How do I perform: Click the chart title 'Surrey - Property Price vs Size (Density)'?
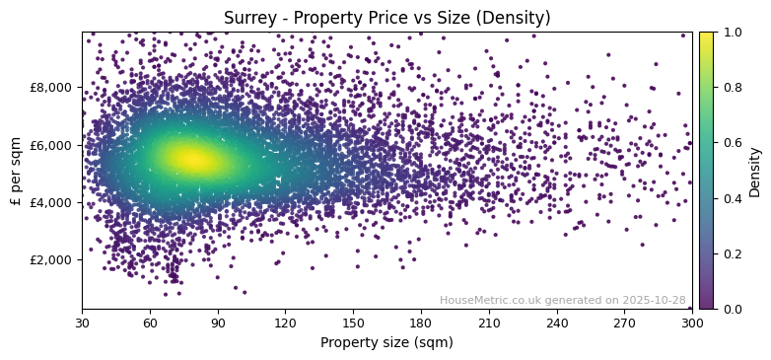pyautogui.click(x=386, y=18)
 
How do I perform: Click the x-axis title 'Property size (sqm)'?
pyautogui.click(x=386, y=343)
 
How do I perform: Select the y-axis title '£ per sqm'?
pyautogui.click(x=16, y=171)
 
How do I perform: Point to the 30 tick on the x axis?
pyautogui.click(x=82, y=322)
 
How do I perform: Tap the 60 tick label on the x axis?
pyautogui.click(x=150, y=322)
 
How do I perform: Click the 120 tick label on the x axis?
pyautogui.click(x=285, y=322)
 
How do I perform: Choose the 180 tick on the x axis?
pyautogui.click(x=421, y=322)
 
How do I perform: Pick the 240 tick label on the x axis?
pyautogui.click(x=557, y=322)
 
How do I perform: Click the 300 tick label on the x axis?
pyautogui.click(x=692, y=322)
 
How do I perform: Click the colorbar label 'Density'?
pyautogui.click(x=756, y=171)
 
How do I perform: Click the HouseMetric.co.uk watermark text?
pyautogui.click(x=562, y=300)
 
